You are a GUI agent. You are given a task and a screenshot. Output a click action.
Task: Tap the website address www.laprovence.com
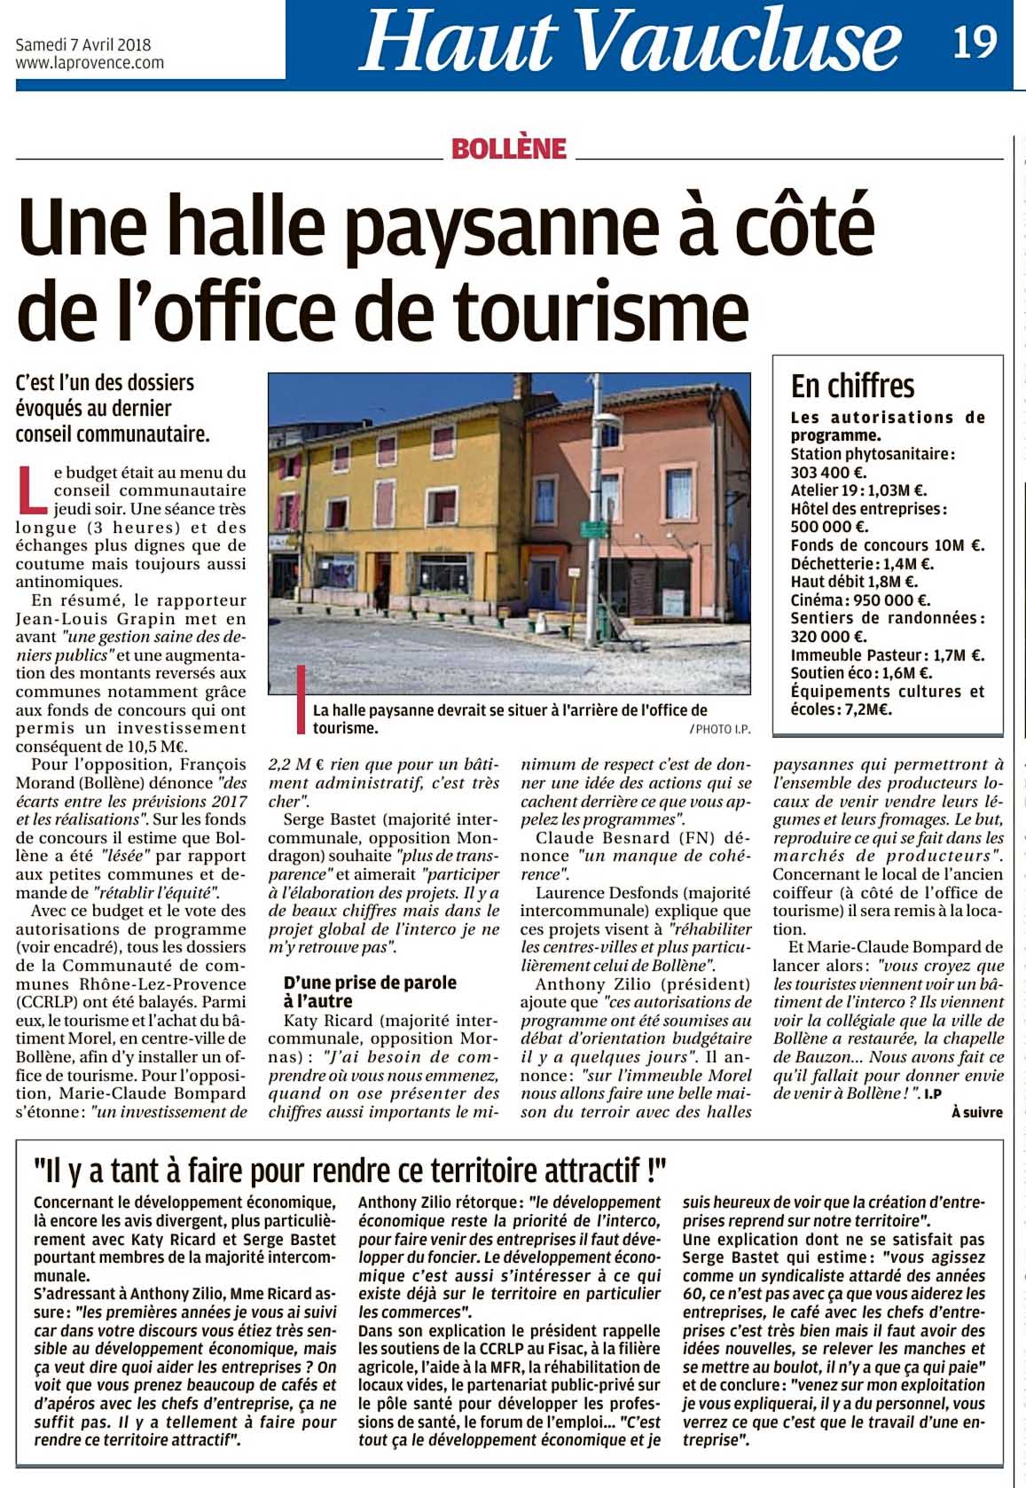[90, 63]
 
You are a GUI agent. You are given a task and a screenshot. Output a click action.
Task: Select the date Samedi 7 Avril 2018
[83, 45]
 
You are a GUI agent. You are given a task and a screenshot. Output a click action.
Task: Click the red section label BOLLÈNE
[508, 149]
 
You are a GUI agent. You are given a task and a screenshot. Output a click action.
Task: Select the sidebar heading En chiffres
[852, 386]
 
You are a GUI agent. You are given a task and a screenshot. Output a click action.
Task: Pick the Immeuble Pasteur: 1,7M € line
[887, 655]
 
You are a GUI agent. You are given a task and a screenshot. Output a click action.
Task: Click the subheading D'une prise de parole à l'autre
[370, 991]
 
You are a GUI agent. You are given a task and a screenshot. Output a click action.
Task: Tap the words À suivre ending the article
[976, 1112]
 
